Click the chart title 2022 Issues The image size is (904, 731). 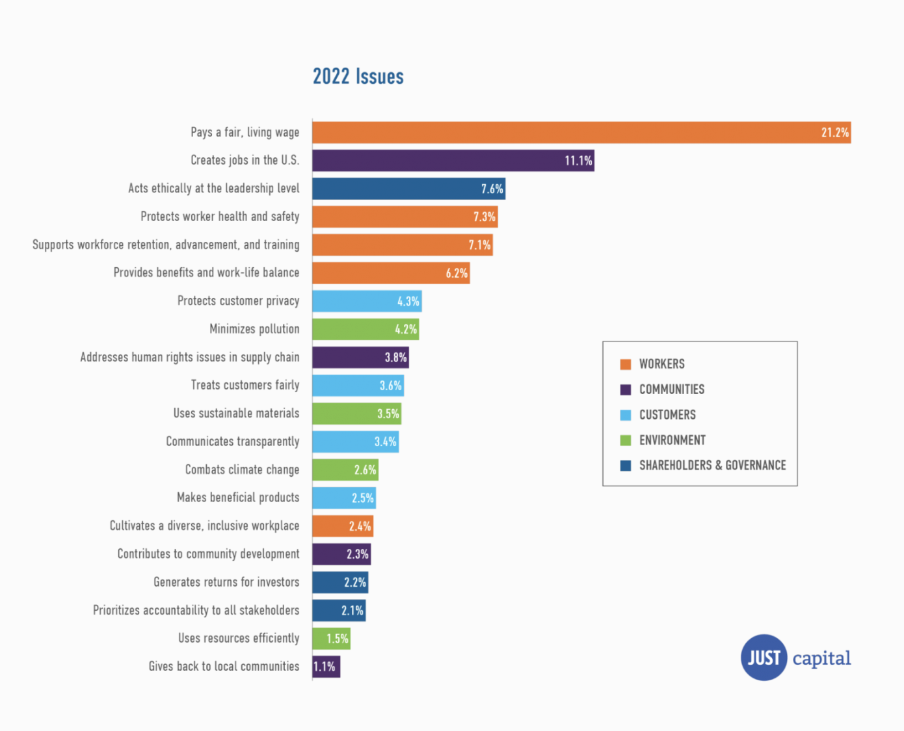pos(358,77)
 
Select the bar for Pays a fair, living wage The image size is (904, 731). pos(581,133)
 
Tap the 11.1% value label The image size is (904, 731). pos(578,161)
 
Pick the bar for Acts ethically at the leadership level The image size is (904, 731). pos(408,189)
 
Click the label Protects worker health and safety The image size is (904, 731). pos(220,217)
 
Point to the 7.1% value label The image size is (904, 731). pos(479,245)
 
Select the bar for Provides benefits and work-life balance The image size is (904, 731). pos(390,273)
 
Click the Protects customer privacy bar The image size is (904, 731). pos(367,301)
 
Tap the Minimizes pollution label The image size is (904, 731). pos(254,329)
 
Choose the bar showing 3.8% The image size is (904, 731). pos(360,358)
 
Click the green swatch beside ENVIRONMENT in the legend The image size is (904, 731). pos(626,440)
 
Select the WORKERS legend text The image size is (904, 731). pos(661,364)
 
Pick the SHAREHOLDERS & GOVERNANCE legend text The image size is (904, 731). pos(712,466)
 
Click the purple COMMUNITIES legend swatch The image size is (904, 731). pos(626,390)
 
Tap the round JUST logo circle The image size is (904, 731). pos(764,658)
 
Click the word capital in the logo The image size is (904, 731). pos(821,658)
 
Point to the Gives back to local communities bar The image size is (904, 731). pos(326,667)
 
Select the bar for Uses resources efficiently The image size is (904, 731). pos(331,639)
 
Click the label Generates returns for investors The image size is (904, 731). pos(226,582)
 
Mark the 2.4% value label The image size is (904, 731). pos(360,526)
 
